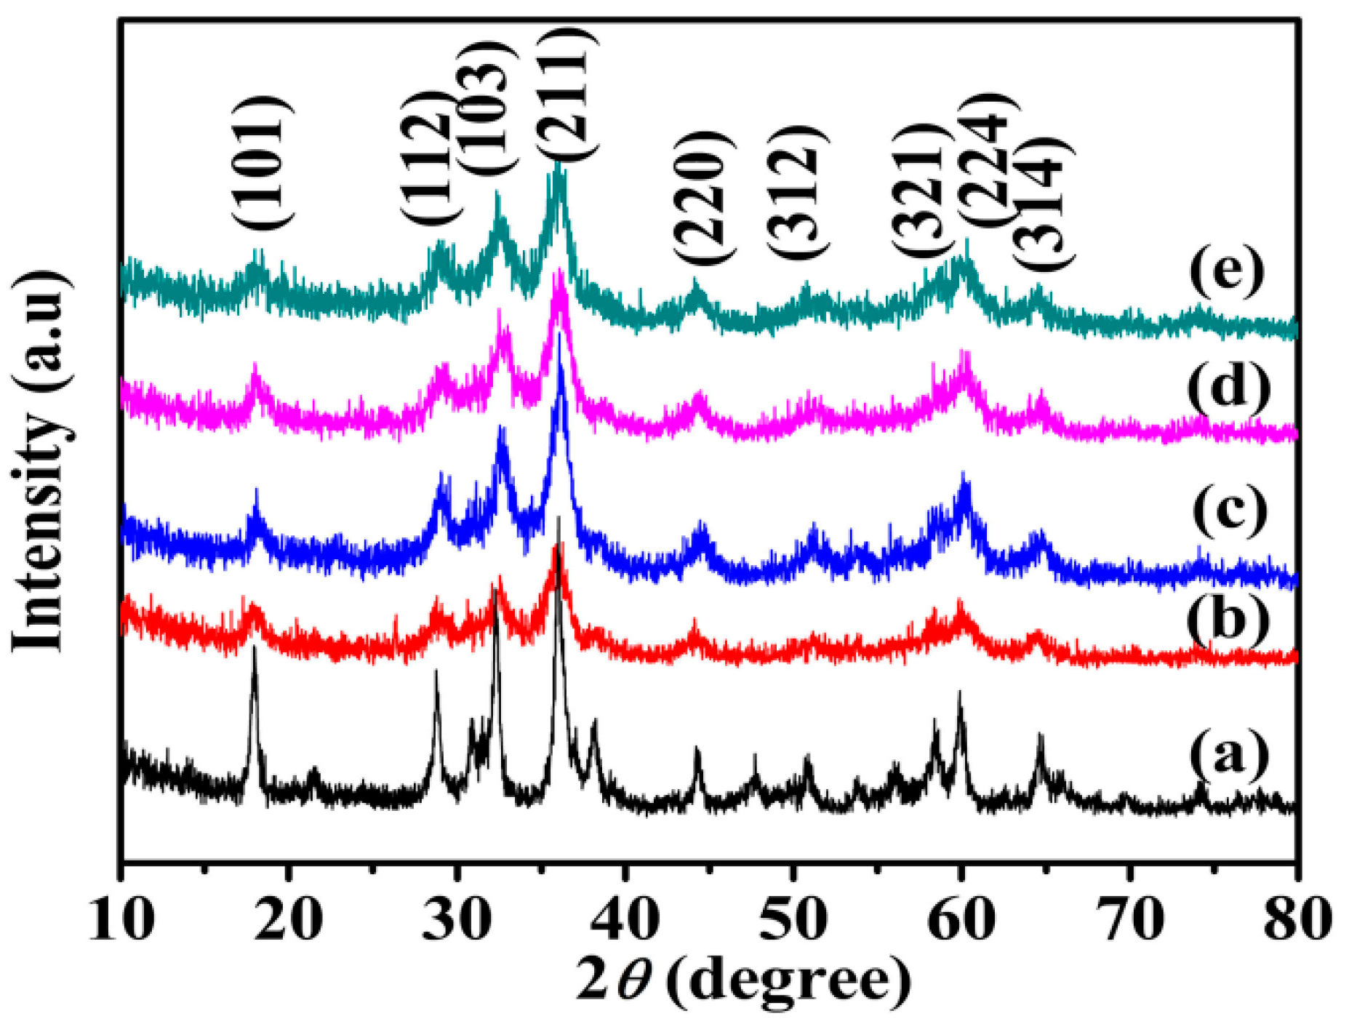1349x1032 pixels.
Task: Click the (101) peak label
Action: pyautogui.click(x=263, y=163)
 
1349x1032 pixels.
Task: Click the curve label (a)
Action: pyautogui.click(x=1228, y=755)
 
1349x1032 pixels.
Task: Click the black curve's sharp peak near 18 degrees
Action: pyautogui.click(x=254, y=649)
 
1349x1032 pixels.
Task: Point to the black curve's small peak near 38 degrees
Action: pyautogui.click(x=595, y=724)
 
